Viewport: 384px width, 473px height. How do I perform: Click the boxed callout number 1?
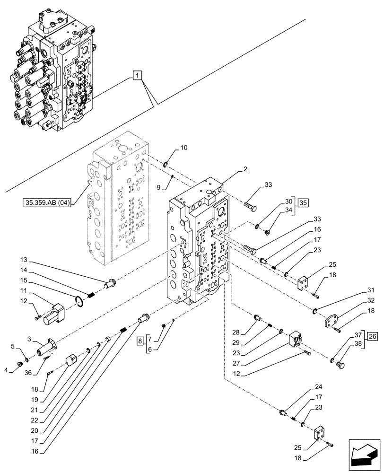pos(137,75)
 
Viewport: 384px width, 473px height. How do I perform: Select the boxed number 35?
pos(303,202)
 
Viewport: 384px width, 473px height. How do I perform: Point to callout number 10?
pos(184,148)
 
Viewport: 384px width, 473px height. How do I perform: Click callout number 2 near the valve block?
pos(245,169)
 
